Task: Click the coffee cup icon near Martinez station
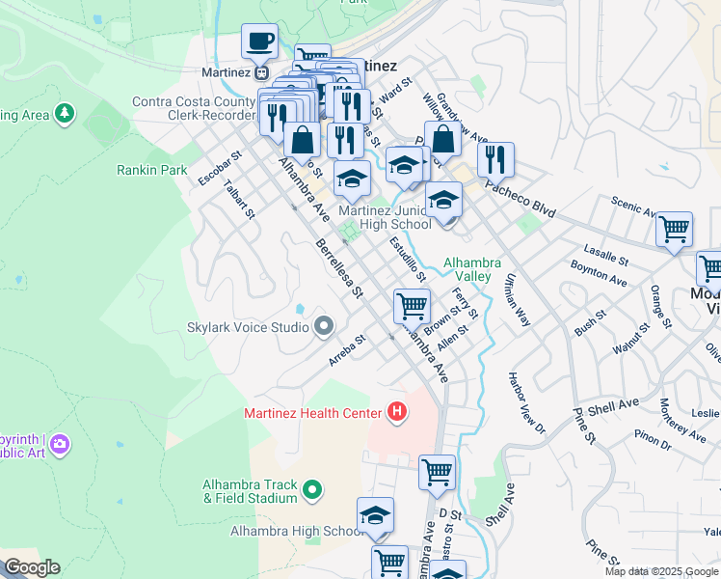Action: click(259, 41)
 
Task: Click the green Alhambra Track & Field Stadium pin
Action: click(311, 491)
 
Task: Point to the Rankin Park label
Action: click(152, 170)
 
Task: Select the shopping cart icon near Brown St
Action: click(412, 306)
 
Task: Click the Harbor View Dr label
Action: click(527, 401)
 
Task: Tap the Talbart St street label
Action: click(238, 198)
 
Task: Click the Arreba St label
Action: click(347, 350)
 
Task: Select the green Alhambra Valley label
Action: click(472, 269)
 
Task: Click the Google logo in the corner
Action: click(31, 567)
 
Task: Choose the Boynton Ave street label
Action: click(599, 272)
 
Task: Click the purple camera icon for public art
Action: click(61, 443)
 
